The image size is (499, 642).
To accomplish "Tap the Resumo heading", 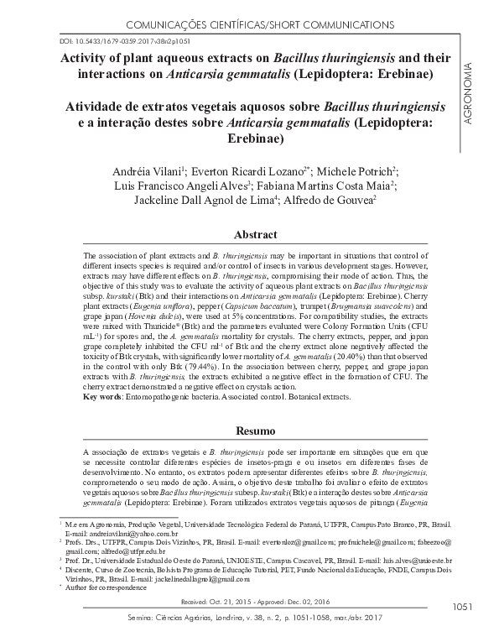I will pyautogui.click(x=249, y=431).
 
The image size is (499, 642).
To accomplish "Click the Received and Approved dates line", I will pyautogui.click(x=249, y=603).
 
